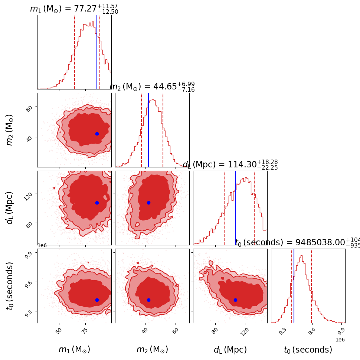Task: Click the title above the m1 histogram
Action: [x=74, y=9]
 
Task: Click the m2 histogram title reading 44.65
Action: [x=152, y=87]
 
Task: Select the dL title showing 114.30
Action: [x=230, y=165]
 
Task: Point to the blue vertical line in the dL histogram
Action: [x=235, y=208]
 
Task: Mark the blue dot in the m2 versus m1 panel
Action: [x=97, y=134]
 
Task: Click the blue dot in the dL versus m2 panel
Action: [x=148, y=203]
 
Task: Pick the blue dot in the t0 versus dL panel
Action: [x=235, y=300]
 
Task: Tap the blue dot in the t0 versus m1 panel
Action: [x=97, y=300]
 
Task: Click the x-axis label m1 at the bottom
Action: [x=74, y=350]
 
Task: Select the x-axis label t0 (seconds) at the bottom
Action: [x=308, y=350]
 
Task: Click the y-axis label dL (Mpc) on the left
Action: [x=10, y=208]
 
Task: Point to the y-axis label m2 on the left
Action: [x=10, y=130]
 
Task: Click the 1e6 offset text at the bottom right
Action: [x=340, y=339]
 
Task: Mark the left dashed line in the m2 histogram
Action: [x=141, y=130]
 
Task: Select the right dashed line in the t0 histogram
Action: [x=311, y=286]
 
